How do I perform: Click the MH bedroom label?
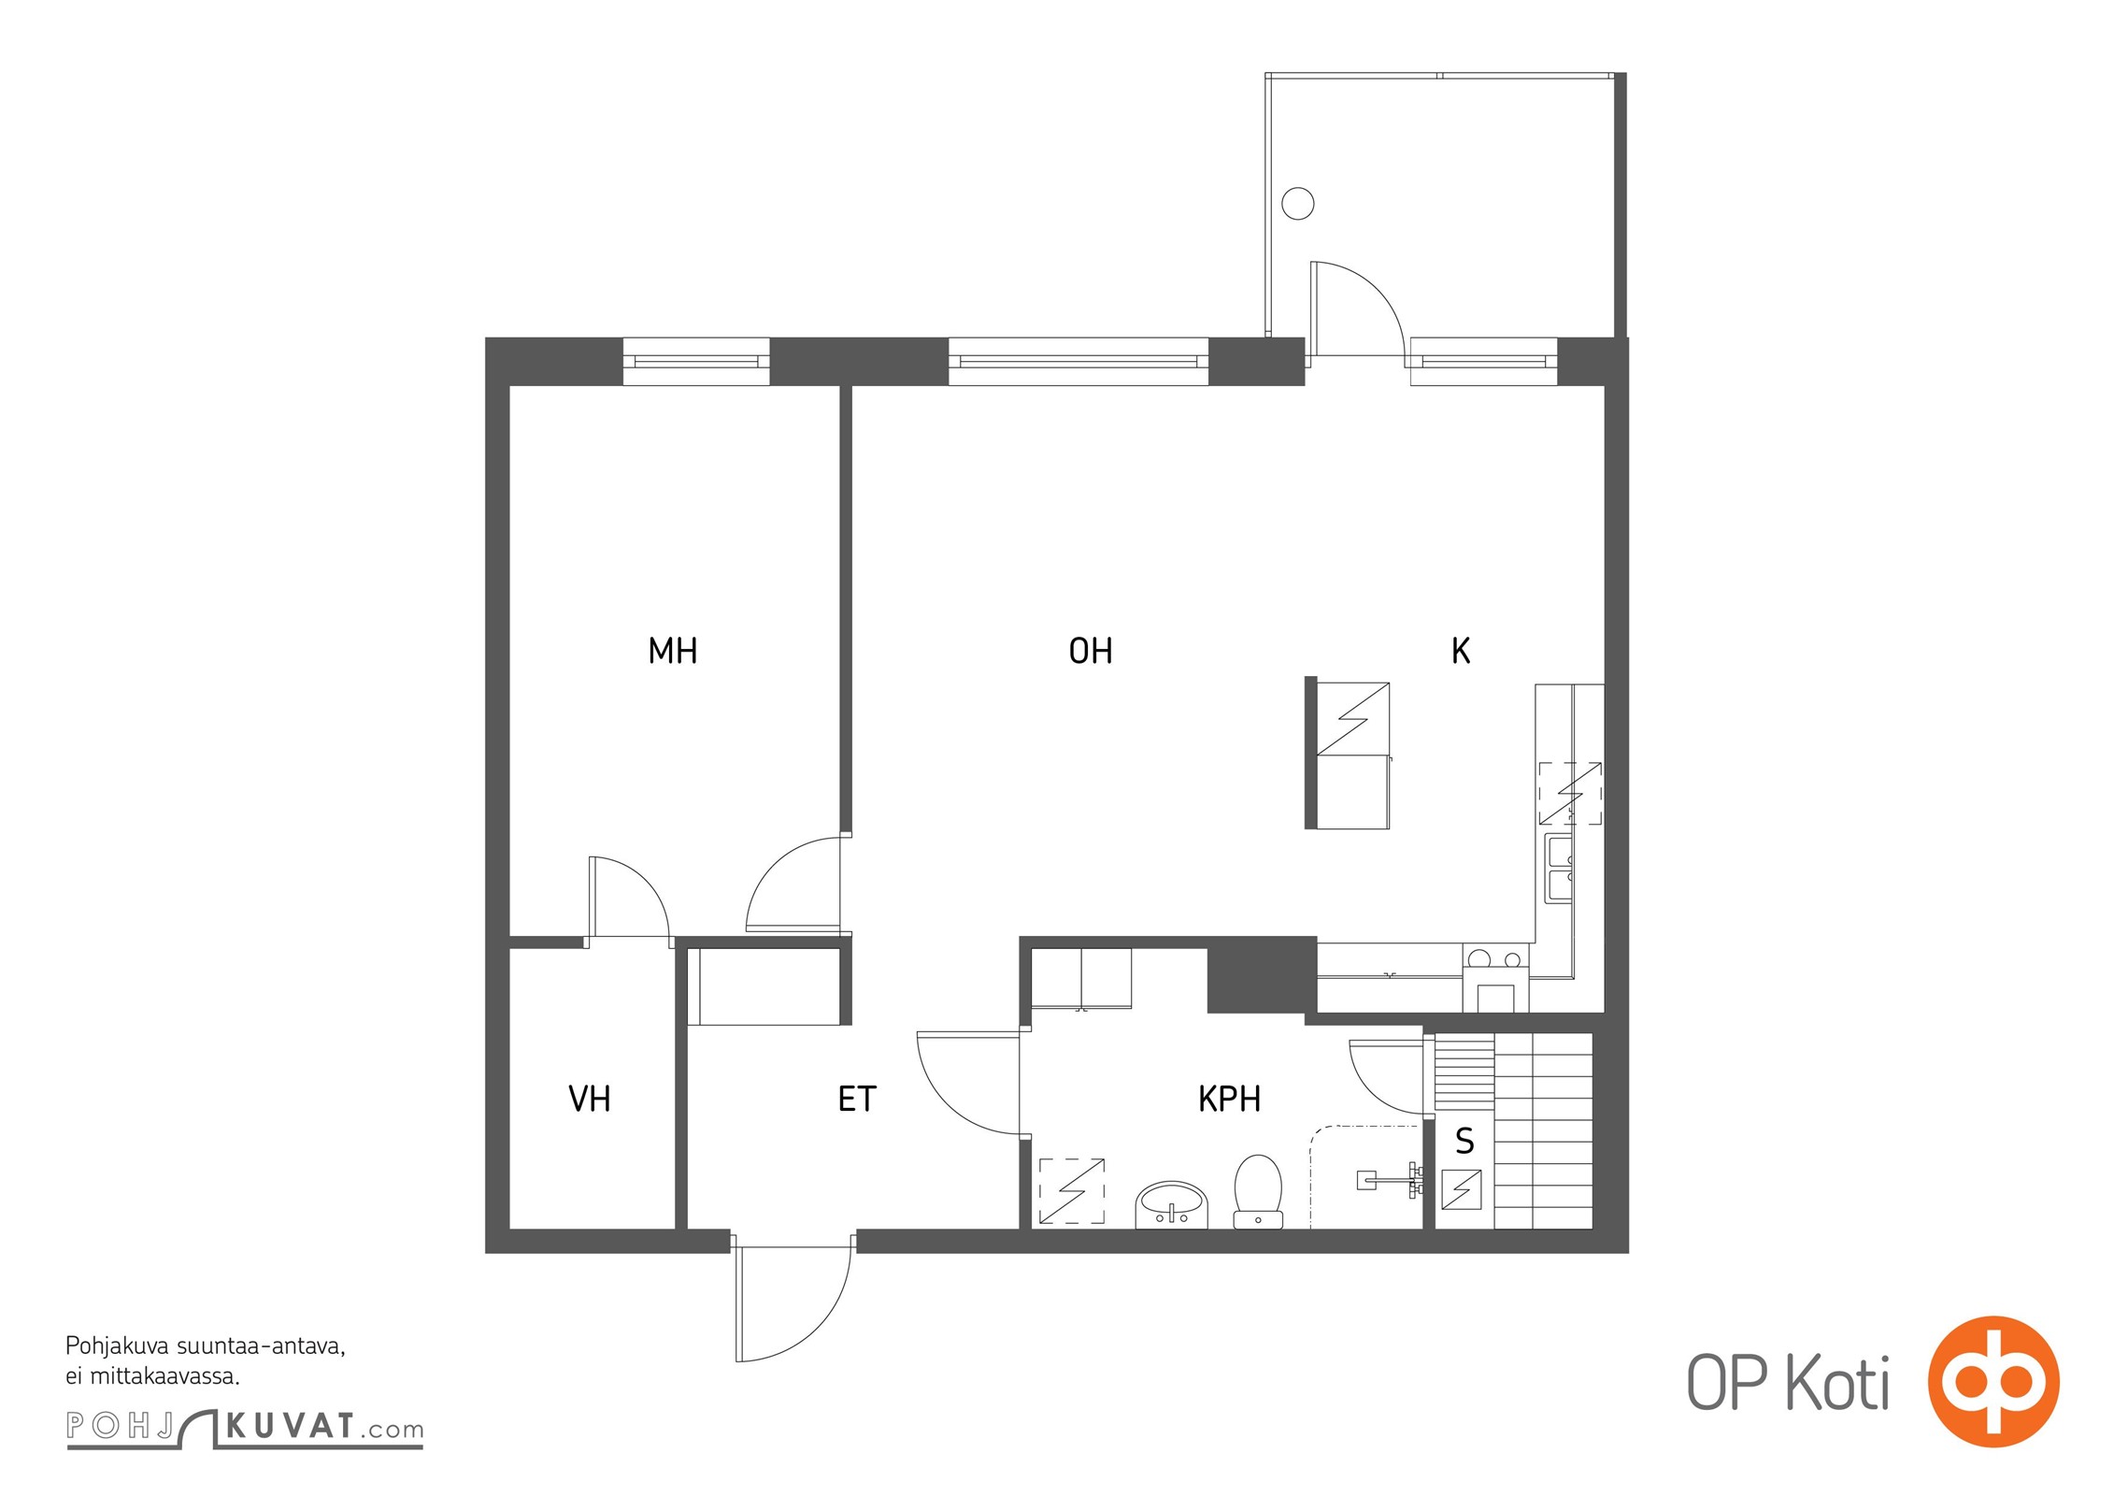pyautogui.click(x=673, y=651)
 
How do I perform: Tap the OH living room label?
pyautogui.click(x=1091, y=651)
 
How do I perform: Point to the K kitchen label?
pyautogui.click(x=1461, y=651)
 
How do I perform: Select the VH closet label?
pyautogui.click(x=590, y=1099)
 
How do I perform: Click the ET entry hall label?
pyautogui.click(x=857, y=1099)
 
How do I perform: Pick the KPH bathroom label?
pyautogui.click(x=1229, y=1099)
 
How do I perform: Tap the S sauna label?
pyautogui.click(x=1464, y=1142)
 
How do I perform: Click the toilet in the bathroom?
pyautogui.click(x=1258, y=1191)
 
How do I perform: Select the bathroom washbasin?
pyautogui.click(x=1172, y=1204)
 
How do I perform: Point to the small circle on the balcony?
pyautogui.click(x=1297, y=203)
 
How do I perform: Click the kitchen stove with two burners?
pyautogui.click(x=1495, y=976)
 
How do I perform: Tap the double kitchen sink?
pyautogui.click(x=1559, y=868)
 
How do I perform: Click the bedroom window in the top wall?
pyautogui.click(x=696, y=361)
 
